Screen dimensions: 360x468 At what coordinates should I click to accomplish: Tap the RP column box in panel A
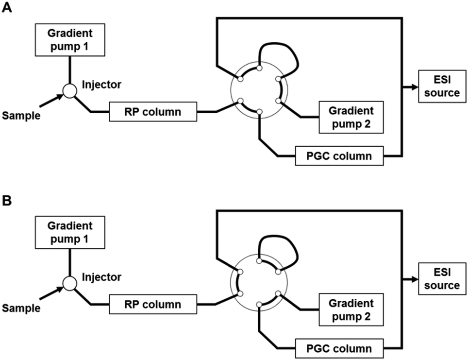(153, 112)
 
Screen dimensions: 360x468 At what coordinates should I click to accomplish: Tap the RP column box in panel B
(153, 305)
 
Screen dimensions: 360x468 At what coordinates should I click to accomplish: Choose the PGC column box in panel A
(339, 156)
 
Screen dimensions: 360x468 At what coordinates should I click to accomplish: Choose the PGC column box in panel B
(339, 349)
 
